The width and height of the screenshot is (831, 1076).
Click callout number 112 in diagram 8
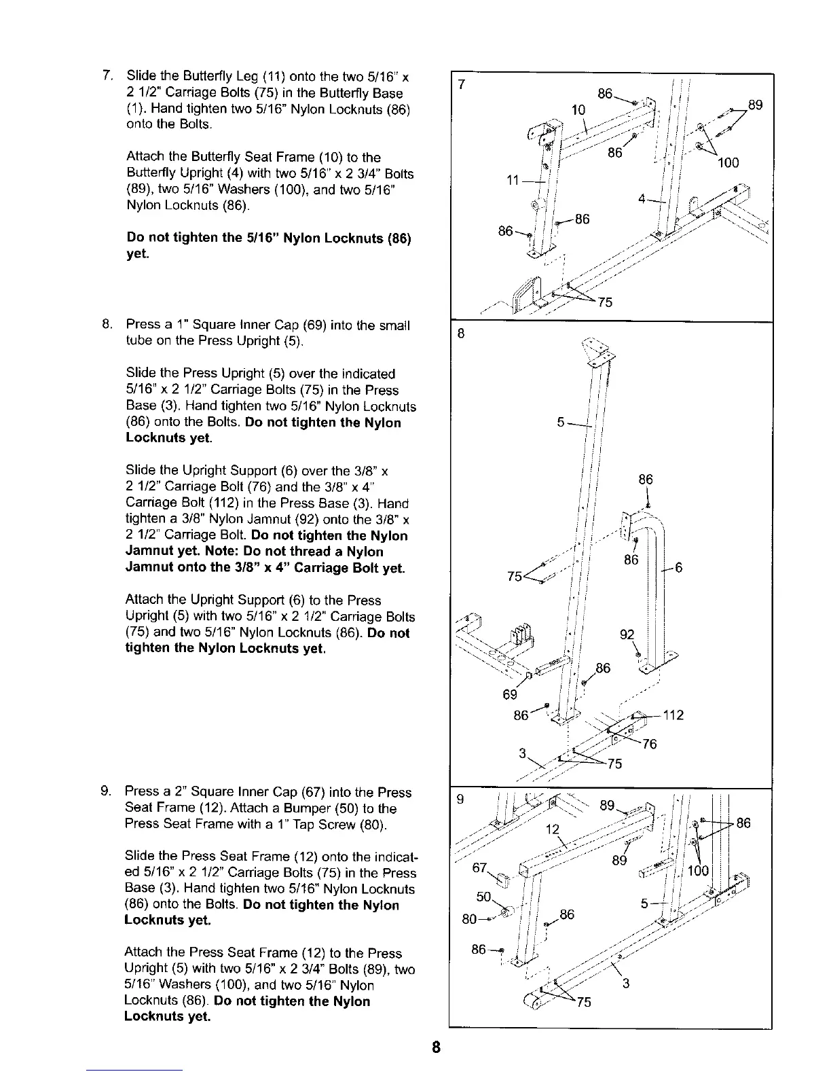[x=673, y=715]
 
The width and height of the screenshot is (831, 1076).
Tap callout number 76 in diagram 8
[x=650, y=744]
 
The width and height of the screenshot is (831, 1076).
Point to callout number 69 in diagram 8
[x=510, y=694]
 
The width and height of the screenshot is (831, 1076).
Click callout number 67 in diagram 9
[x=481, y=869]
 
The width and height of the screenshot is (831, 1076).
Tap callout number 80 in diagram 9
[x=468, y=921]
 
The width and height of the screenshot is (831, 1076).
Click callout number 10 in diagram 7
[x=578, y=109]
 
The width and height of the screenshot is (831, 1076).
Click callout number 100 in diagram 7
[x=728, y=163]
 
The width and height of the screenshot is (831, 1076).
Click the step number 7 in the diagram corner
[x=462, y=85]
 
